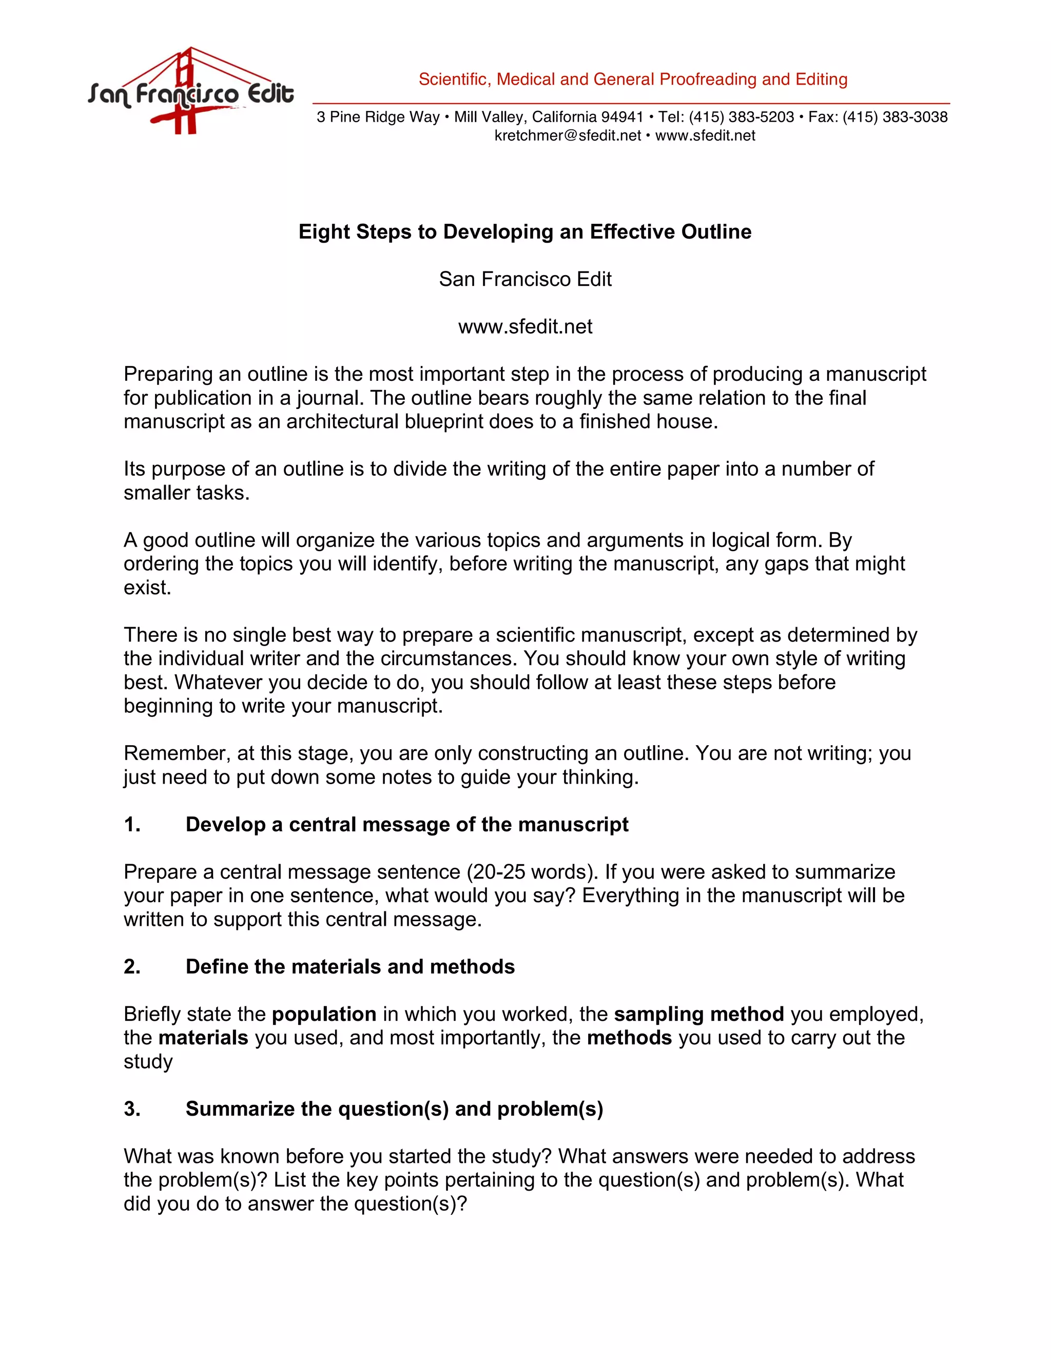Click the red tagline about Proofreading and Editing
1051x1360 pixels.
633,79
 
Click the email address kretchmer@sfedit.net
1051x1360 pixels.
567,136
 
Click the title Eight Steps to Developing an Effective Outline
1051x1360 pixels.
525,231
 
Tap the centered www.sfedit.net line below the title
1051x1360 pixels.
525,326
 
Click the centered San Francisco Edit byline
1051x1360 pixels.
525,279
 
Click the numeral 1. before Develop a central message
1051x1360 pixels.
132,825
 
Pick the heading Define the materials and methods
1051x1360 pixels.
350,966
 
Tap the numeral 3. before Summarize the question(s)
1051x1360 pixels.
132,1109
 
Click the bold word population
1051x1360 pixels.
324,1015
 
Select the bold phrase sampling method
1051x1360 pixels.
698,1015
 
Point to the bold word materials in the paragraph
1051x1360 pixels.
203,1038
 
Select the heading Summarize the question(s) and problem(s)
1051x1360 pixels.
394,1109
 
